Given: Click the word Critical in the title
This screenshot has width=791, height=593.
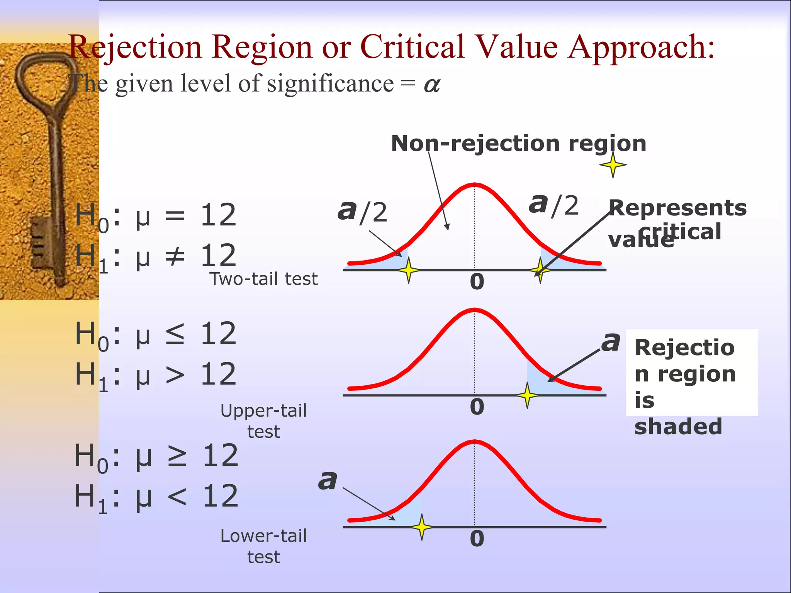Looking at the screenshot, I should coord(412,47).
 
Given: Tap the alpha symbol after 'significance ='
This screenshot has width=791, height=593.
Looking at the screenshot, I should coord(432,85).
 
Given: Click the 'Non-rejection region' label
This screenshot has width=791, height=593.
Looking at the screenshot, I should coord(518,144).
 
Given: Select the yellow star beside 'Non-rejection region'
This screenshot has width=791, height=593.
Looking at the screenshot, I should coord(613,165).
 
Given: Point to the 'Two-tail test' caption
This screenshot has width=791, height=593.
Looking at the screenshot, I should coord(263,279).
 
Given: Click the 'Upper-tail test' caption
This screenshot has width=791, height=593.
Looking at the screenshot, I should coord(263,421).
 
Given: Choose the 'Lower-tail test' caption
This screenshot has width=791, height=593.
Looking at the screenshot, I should coord(263,546).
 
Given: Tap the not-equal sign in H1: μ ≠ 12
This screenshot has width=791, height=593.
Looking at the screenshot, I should coord(175,256).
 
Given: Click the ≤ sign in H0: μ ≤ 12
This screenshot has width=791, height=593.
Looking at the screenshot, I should coord(175,334).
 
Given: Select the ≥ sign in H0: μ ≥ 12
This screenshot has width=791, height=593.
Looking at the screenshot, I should coord(177,456).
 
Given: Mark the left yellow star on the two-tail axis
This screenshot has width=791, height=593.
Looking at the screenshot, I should coord(409,270).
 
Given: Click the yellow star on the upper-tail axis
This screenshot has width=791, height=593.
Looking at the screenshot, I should coord(527,395).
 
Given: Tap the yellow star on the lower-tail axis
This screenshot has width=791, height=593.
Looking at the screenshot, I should coord(422,527).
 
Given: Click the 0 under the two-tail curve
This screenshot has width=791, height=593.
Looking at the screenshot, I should coord(477,282).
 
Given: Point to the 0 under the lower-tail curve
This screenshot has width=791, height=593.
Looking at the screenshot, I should coord(477,539).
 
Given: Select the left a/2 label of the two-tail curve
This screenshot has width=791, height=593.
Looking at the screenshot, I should coord(362,212).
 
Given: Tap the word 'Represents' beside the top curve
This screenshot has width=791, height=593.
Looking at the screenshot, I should coord(677,208).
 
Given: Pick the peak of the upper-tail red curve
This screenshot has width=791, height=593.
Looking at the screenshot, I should coord(475,310).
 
